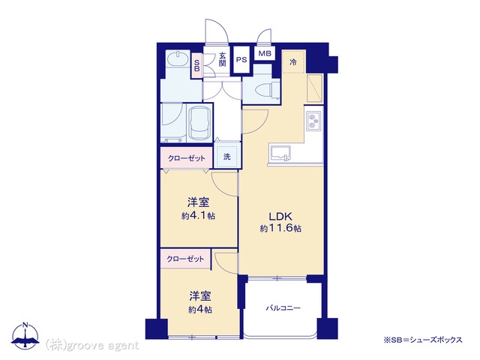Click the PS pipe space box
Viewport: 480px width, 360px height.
pyautogui.click(x=241, y=59)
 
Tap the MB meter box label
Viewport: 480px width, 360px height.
pyautogui.click(x=265, y=53)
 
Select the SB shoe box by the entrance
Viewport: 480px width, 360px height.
pyautogui.click(x=196, y=65)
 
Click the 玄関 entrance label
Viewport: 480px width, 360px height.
pyautogui.click(x=222, y=60)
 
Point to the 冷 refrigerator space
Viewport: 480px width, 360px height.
pyautogui.click(x=293, y=61)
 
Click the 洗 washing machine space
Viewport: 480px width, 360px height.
pyautogui.click(x=226, y=157)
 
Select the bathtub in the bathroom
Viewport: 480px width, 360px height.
pyautogui.click(x=199, y=123)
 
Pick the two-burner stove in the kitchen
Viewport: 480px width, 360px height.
pyautogui.click(x=313, y=121)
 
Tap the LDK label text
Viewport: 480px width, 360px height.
pyautogui.click(x=280, y=217)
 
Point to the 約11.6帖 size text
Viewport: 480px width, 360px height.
pyautogui.click(x=280, y=228)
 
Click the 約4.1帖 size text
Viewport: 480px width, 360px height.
pyautogui.click(x=198, y=216)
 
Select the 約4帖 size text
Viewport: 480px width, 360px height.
pyautogui.click(x=200, y=310)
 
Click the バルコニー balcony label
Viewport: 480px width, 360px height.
pyautogui.click(x=283, y=308)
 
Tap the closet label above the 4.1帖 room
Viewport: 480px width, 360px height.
pyautogui.click(x=187, y=158)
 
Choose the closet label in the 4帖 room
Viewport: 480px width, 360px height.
pyautogui.click(x=185, y=259)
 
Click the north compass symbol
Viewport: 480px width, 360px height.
pyautogui.click(x=25, y=336)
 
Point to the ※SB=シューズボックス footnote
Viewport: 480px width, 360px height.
pyautogui.click(x=423, y=340)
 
